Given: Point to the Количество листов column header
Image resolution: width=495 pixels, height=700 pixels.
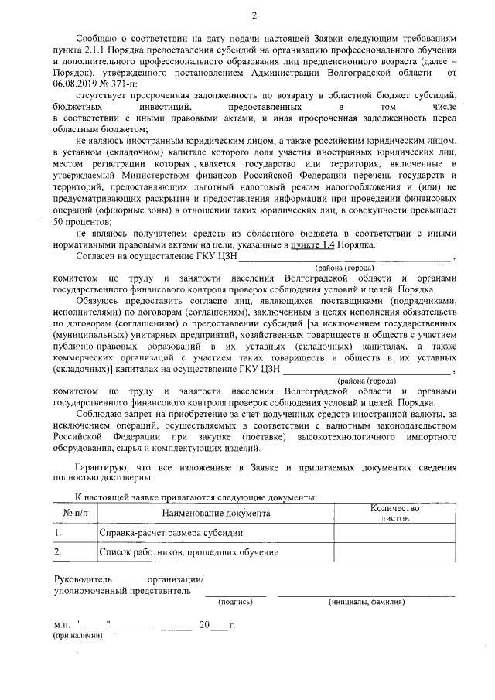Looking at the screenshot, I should [394, 513].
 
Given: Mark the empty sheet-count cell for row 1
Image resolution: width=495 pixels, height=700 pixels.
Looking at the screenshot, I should [394, 533].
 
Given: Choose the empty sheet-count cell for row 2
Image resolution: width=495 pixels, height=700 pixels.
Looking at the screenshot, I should [394, 552].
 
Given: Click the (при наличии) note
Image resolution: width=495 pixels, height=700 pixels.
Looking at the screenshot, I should [77, 636].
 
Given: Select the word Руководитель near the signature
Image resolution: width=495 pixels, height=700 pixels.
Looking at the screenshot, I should [83, 579].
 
